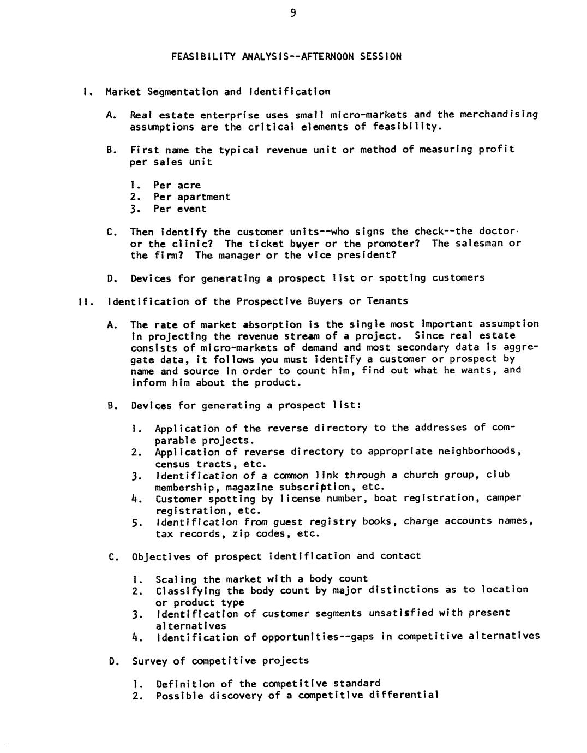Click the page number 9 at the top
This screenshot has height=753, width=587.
point(293,14)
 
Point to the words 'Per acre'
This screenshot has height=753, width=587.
point(177,185)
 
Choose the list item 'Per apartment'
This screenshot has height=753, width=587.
point(191,197)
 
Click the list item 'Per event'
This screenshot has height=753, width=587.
point(179,209)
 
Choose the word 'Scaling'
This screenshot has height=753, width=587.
point(176,579)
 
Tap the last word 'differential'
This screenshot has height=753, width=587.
point(403,695)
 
